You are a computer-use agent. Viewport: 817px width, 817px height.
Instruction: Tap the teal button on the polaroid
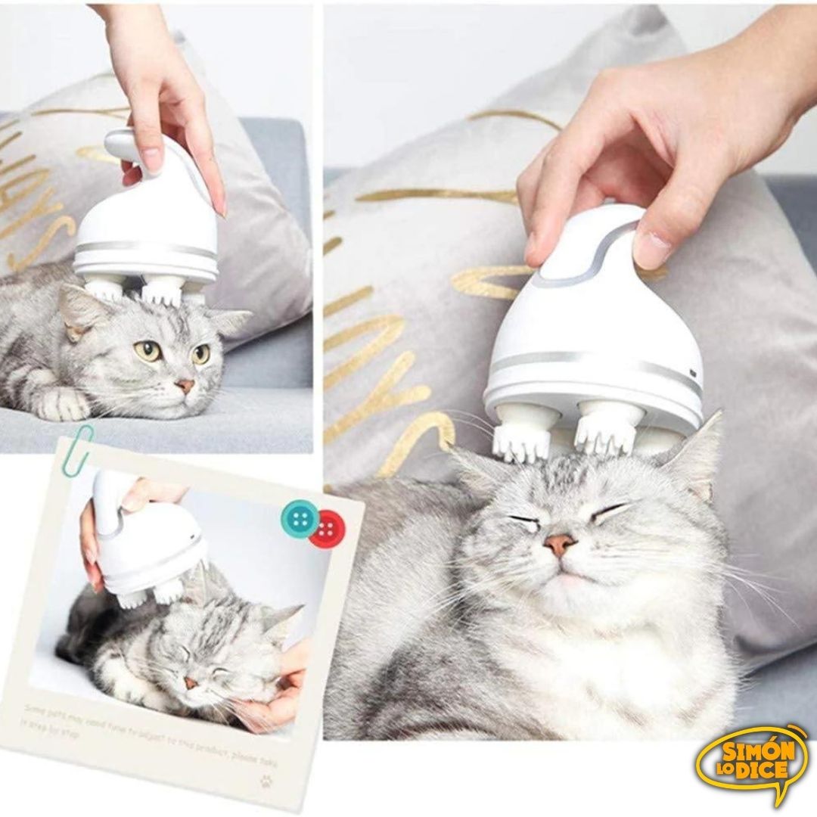coord(298,517)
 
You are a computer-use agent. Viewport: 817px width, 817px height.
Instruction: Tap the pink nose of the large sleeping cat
coord(561,543)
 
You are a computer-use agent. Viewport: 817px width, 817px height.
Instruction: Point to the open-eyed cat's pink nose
coord(185,386)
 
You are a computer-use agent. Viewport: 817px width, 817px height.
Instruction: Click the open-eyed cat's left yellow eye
coord(148,350)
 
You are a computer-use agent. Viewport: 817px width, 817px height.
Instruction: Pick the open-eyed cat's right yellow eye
coord(200,353)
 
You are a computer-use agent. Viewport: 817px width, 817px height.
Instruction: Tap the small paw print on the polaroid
coord(263,779)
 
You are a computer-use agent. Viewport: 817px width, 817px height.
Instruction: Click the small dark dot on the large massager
coord(691,372)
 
